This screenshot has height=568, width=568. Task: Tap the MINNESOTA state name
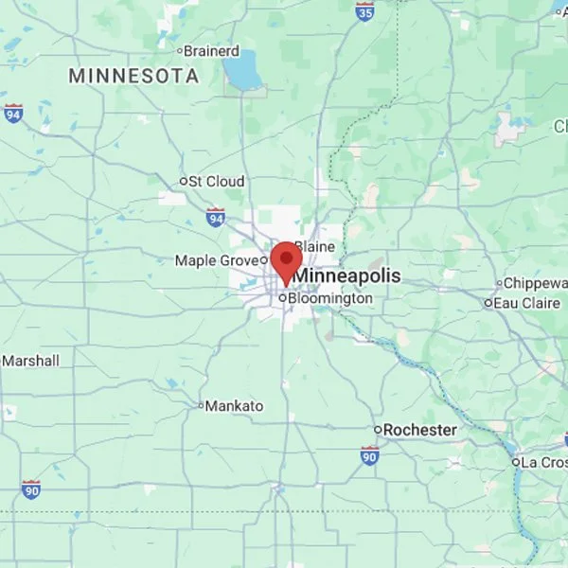133,75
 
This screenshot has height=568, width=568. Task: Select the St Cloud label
216,181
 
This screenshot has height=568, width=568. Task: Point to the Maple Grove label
216,259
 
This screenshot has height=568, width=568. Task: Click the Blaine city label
314,246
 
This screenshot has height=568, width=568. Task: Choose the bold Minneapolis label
346,275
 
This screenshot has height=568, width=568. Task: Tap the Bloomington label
329,297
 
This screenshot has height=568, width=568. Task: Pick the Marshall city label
30,361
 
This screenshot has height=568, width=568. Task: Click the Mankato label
234,405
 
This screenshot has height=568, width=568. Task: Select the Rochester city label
419,430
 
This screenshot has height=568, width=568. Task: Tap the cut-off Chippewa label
534,283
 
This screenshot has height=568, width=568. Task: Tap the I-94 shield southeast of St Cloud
216,218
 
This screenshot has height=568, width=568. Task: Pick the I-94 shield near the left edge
12,113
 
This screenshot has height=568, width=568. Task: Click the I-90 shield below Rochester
370,455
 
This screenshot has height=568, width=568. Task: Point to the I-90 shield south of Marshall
31,489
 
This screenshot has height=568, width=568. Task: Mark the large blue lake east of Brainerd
245,68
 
